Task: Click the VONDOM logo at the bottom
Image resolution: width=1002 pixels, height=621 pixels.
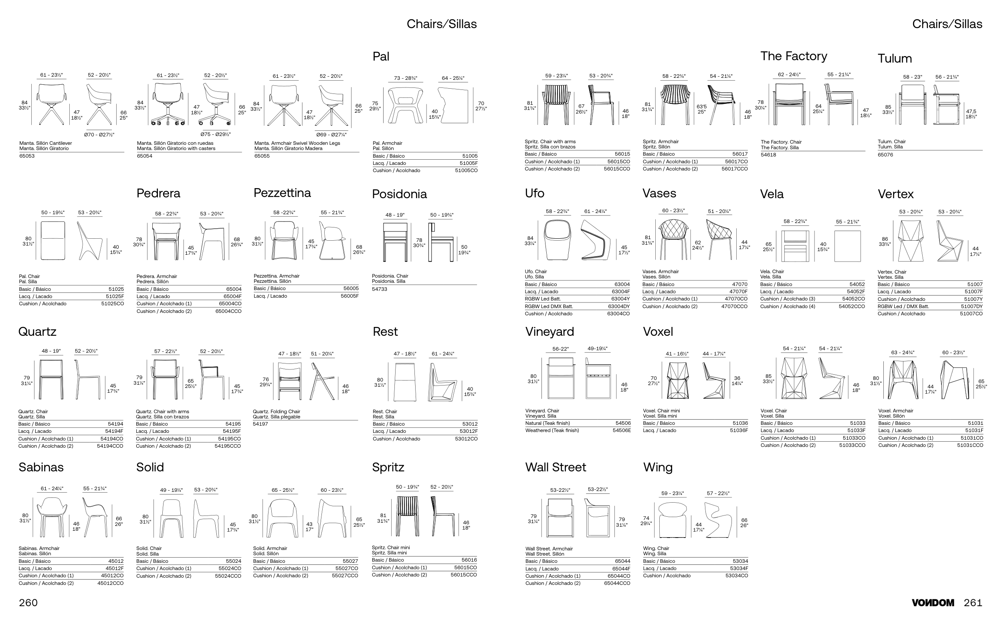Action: click(x=933, y=603)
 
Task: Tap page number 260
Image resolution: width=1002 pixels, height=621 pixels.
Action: click(x=28, y=603)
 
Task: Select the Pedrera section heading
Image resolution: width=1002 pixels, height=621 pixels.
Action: click(x=158, y=193)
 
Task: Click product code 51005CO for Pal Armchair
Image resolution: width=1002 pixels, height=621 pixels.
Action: click(x=466, y=170)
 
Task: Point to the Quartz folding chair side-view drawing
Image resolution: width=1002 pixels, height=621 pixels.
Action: click(x=322, y=381)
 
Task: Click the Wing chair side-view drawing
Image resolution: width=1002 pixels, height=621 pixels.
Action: click(x=718, y=520)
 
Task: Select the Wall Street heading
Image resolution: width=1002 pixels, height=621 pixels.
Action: click(x=556, y=467)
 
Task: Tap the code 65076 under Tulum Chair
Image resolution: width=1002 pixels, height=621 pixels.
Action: click(x=885, y=155)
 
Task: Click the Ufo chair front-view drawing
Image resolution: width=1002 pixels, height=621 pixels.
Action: click(x=557, y=240)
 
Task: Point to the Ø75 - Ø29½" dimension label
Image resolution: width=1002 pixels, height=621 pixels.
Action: click(x=215, y=134)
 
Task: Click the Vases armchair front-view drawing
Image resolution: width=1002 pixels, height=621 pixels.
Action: click(x=673, y=239)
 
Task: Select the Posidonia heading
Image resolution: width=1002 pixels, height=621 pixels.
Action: click(x=399, y=194)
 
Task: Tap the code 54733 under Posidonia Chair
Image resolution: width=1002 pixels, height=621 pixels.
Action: click(x=380, y=289)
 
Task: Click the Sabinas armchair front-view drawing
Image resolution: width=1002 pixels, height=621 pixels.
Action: click(x=51, y=517)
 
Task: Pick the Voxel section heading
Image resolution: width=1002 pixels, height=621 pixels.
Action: click(x=658, y=332)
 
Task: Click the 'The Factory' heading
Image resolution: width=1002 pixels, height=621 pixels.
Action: click(x=794, y=56)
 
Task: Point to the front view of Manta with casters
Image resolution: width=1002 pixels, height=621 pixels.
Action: click(x=168, y=104)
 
